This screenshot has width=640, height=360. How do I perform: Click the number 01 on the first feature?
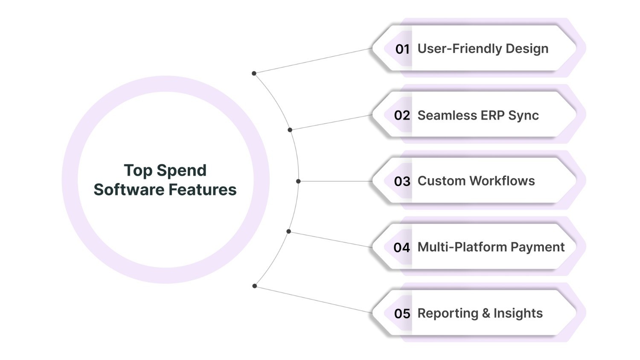[402, 49]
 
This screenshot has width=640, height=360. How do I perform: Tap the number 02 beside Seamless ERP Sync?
[402, 115]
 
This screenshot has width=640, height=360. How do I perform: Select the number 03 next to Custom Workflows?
[402, 181]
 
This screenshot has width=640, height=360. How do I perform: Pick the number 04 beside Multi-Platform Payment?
[401, 247]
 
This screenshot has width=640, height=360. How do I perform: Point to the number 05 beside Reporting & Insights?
[402, 314]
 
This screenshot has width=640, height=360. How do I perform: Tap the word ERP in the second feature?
[494, 115]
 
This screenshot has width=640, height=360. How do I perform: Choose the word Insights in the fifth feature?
[518, 313]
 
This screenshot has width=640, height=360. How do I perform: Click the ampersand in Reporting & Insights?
[486, 313]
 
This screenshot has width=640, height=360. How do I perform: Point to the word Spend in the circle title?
[181, 171]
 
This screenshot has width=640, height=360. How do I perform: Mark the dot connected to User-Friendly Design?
[254, 73]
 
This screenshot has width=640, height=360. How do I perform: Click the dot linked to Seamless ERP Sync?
[290, 130]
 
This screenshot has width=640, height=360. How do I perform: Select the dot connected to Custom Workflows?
[298, 181]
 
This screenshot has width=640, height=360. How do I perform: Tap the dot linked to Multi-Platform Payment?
[289, 232]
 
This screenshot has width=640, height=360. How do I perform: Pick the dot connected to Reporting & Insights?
[254, 286]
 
